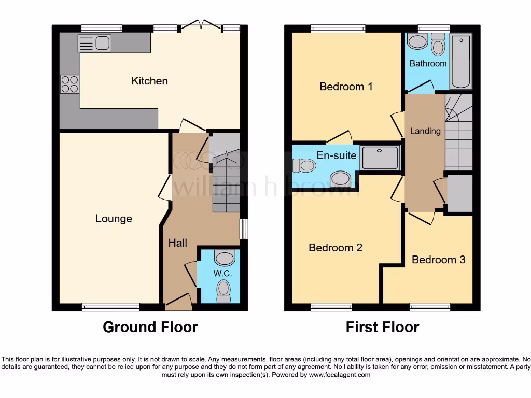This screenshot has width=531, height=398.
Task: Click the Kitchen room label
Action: (149, 81)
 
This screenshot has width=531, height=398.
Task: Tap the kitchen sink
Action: (94, 44)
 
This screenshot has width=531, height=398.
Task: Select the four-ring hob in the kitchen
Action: (70, 84)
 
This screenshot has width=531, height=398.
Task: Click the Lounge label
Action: (114, 219)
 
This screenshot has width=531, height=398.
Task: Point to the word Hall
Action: (177, 243)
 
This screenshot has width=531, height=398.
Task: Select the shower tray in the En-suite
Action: (381, 157)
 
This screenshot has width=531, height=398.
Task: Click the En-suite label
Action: (337, 155)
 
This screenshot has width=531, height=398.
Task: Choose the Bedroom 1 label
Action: (345, 87)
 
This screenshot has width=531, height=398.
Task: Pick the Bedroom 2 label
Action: (335, 248)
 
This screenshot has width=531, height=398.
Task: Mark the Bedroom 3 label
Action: (438, 259)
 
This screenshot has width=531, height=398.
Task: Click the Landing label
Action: (425, 131)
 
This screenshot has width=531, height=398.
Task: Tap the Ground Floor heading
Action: (150, 327)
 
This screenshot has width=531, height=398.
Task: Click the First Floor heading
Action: (382, 327)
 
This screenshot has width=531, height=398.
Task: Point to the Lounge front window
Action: (110, 307)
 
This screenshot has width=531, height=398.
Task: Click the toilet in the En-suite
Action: (304, 165)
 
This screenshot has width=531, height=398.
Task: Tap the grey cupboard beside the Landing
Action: (459, 193)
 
